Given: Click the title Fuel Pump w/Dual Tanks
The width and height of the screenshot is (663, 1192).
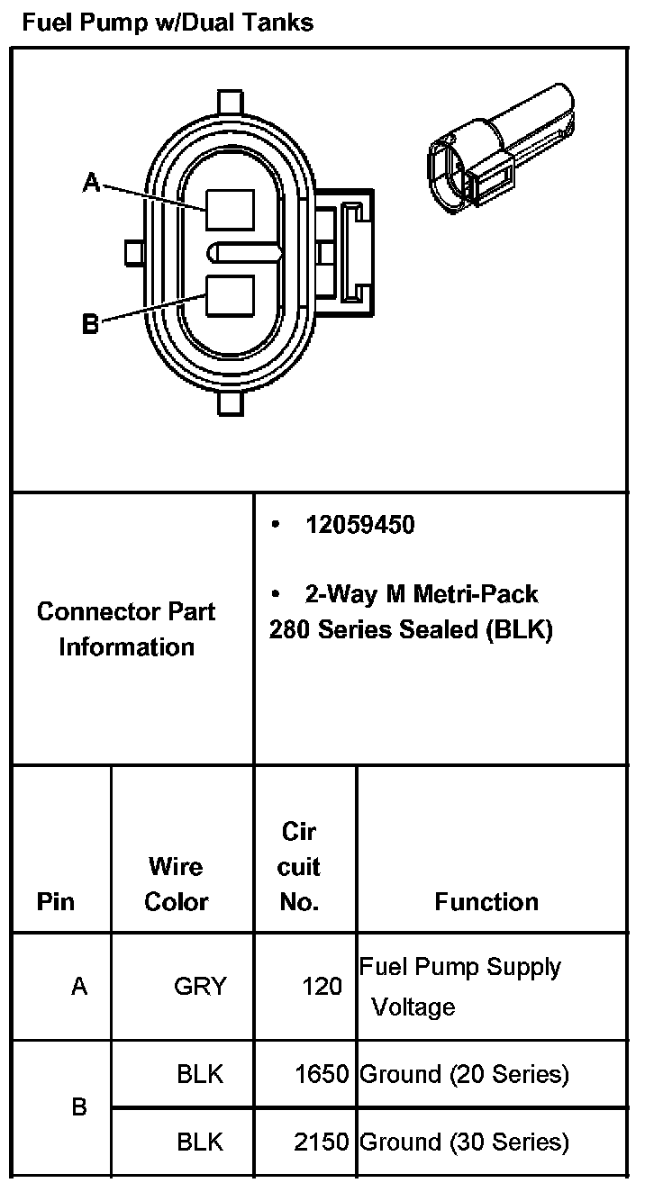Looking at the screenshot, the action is [168, 23].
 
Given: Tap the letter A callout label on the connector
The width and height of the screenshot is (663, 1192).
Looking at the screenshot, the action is [91, 183].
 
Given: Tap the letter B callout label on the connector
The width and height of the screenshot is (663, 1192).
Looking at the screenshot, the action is [90, 323].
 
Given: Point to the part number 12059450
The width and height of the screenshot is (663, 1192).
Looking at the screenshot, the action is [359, 525].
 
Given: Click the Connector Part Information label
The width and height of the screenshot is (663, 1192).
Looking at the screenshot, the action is [126, 629].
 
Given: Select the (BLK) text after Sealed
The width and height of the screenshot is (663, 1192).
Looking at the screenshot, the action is [518, 630].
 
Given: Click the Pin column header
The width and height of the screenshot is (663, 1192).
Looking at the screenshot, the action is [56, 901].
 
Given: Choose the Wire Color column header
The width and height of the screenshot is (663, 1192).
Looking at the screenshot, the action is [177, 884].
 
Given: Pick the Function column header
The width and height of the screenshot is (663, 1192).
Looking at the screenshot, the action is [486, 901].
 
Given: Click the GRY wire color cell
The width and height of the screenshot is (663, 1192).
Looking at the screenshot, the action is [200, 987].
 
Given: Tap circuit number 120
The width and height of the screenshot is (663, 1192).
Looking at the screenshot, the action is [322, 987].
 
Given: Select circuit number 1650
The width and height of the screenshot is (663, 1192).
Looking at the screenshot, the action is [322, 1074].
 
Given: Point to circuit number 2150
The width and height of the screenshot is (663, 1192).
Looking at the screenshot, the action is [322, 1142].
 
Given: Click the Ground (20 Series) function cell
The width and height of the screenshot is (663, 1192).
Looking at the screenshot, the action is [464, 1074].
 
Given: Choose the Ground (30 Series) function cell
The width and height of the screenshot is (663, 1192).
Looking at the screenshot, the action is [464, 1142].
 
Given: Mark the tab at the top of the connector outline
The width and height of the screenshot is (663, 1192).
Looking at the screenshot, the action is [231, 101].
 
